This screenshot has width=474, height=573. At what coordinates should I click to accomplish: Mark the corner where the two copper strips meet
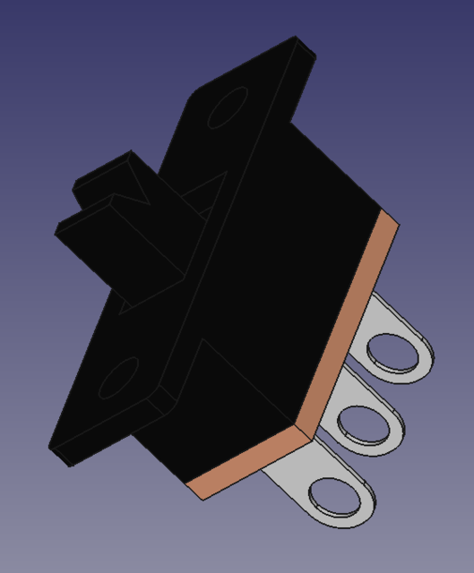click(x=309, y=436)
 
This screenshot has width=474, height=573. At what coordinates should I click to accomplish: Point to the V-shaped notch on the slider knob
click(x=134, y=192)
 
